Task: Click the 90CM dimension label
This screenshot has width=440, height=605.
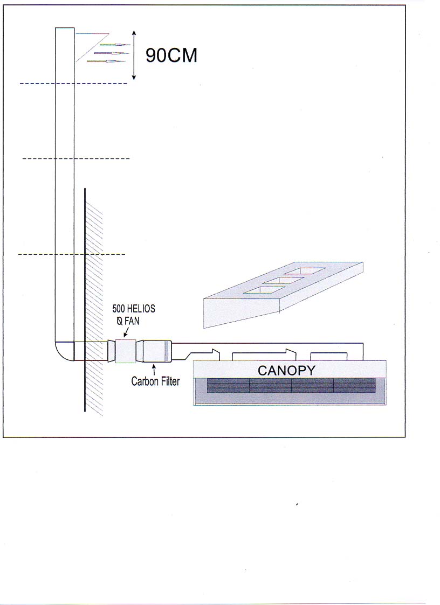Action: pos(171,55)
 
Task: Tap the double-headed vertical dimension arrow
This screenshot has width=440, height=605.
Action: pos(134,55)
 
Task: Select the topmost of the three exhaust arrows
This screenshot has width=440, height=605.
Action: pos(115,45)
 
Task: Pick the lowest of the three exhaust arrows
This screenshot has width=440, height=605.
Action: pos(107,61)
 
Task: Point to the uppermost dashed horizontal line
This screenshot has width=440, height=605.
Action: pos(73,84)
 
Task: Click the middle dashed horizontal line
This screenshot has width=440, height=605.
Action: pos(76,158)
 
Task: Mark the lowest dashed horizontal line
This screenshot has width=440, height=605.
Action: pos(72,255)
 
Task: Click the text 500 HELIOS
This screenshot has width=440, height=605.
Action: pos(134,309)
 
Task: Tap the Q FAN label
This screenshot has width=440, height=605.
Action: pos(128,321)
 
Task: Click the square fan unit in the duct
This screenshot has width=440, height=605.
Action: pos(126,351)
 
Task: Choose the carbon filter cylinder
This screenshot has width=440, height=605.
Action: pos(156,351)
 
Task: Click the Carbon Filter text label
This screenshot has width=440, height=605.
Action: pos(155,381)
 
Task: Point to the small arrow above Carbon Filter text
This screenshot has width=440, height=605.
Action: pos(154,369)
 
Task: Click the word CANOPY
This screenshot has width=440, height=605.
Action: pos(286,371)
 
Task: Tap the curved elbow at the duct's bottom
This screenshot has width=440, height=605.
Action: pos(63,352)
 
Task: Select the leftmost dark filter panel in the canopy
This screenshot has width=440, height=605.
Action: pos(228,385)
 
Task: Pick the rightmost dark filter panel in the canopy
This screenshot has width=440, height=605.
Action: pos(354,385)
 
